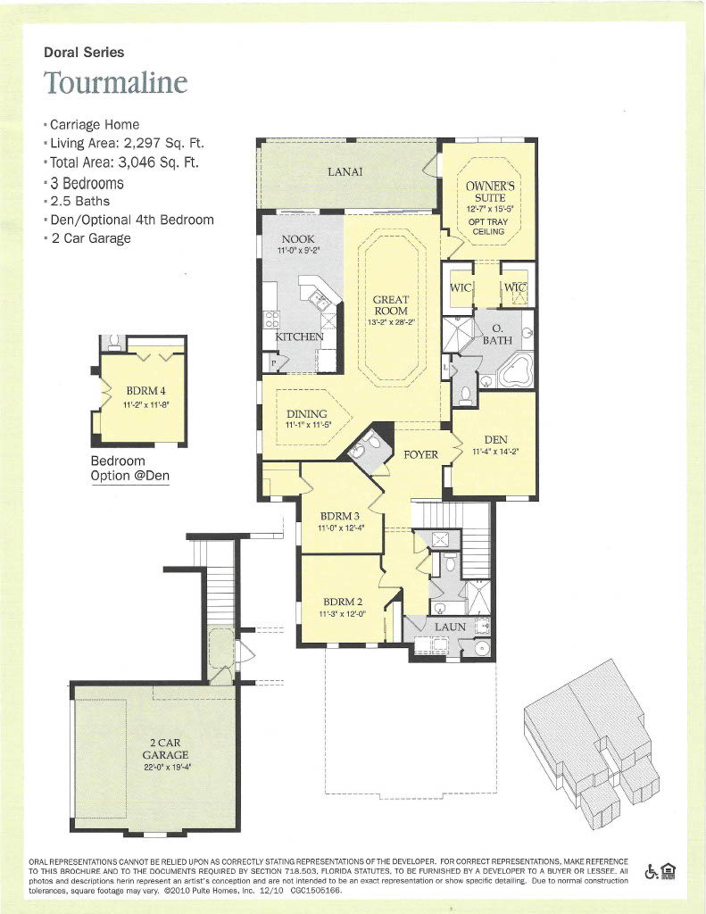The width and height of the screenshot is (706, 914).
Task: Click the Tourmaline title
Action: (x=116, y=82)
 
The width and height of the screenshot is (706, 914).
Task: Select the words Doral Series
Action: (x=84, y=53)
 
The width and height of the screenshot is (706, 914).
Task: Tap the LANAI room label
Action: (x=345, y=171)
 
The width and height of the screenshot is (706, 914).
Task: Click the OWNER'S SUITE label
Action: (x=486, y=191)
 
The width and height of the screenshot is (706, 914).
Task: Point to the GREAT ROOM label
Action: (x=391, y=305)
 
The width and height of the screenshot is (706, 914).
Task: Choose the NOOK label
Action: (x=297, y=239)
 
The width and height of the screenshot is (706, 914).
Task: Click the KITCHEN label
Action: (x=299, y=337)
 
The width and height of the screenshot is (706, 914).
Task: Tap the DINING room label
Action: (x=306, y=414)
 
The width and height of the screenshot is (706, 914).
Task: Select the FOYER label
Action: (x=420, y=454)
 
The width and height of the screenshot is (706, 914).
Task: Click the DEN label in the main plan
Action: (x=495, y=439)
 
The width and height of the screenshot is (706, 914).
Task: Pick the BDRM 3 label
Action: (x=341, y=517)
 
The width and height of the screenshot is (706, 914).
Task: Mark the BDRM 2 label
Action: (x=341, y=602)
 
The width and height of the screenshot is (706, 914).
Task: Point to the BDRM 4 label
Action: (x=145, y=391)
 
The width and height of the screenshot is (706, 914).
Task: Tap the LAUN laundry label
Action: (x=450, y=627)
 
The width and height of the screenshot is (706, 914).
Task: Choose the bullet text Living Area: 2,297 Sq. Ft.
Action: (x=132, y=144)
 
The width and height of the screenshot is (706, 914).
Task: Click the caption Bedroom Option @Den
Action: (x=130, y=469)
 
